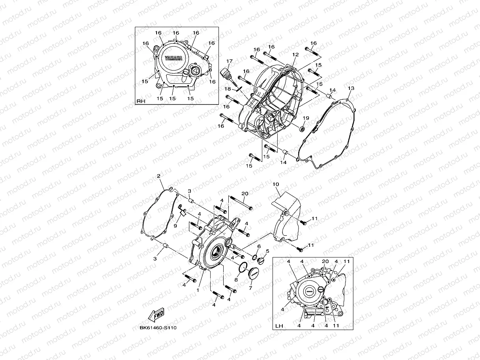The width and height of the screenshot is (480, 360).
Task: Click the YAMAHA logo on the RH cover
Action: [174, 58]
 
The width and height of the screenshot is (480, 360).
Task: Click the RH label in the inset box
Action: [141, 101]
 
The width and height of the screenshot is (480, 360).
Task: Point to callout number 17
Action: [229, 62]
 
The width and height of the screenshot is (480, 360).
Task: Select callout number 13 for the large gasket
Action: [351, 88]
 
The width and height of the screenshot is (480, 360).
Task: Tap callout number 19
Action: [306, 118]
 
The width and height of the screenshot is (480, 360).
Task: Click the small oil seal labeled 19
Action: [303, 129]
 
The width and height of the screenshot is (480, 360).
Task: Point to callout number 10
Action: [275, 184]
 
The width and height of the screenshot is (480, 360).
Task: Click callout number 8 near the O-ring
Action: [236, 279]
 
